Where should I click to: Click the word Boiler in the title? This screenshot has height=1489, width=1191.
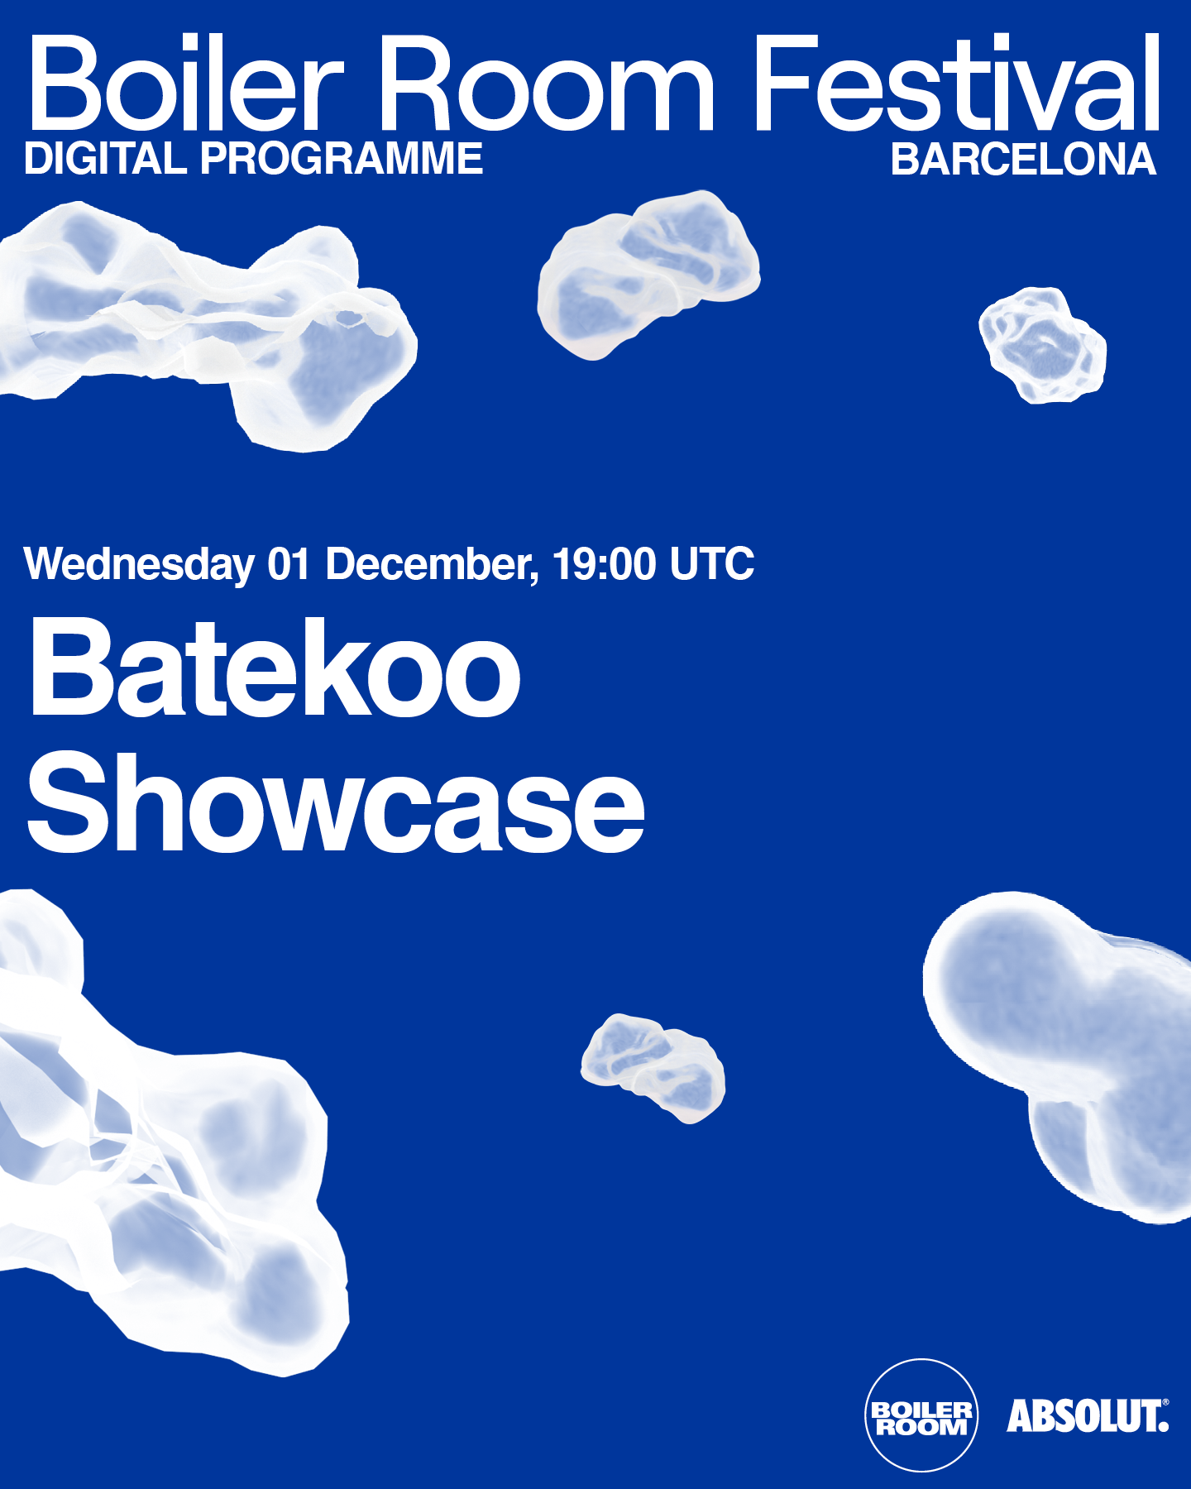(x=185, y=84)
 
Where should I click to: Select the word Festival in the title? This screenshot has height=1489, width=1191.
(x=957, y=84)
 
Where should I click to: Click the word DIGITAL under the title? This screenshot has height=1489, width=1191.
(x=105, y=159)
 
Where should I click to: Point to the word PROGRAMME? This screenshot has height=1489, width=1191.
(x=342, y=159)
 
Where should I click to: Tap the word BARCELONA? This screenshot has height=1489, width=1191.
(x=1023, y=160)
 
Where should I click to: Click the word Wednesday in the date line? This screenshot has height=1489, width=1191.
(x=139, y=565)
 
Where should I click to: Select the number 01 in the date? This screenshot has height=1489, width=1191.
(x=289, y=564)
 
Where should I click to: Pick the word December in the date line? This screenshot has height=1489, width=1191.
(x=430, y=565)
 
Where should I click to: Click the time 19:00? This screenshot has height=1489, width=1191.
(x=605, y=564)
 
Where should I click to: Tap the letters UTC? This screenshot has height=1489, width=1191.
(x=712, y=564)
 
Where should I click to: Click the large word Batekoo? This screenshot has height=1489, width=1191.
(x=275, y=668)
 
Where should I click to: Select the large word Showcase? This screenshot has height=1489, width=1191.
(x=336, y=804)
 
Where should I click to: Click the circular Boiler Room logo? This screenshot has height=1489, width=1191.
(x=921, y=1415)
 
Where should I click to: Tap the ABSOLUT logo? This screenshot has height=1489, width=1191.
(x=1087, y=1415)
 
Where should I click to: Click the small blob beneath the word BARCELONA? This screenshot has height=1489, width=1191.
(x=1042, y=345)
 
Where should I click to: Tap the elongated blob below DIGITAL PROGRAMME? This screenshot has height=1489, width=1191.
(x=207, y=323)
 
